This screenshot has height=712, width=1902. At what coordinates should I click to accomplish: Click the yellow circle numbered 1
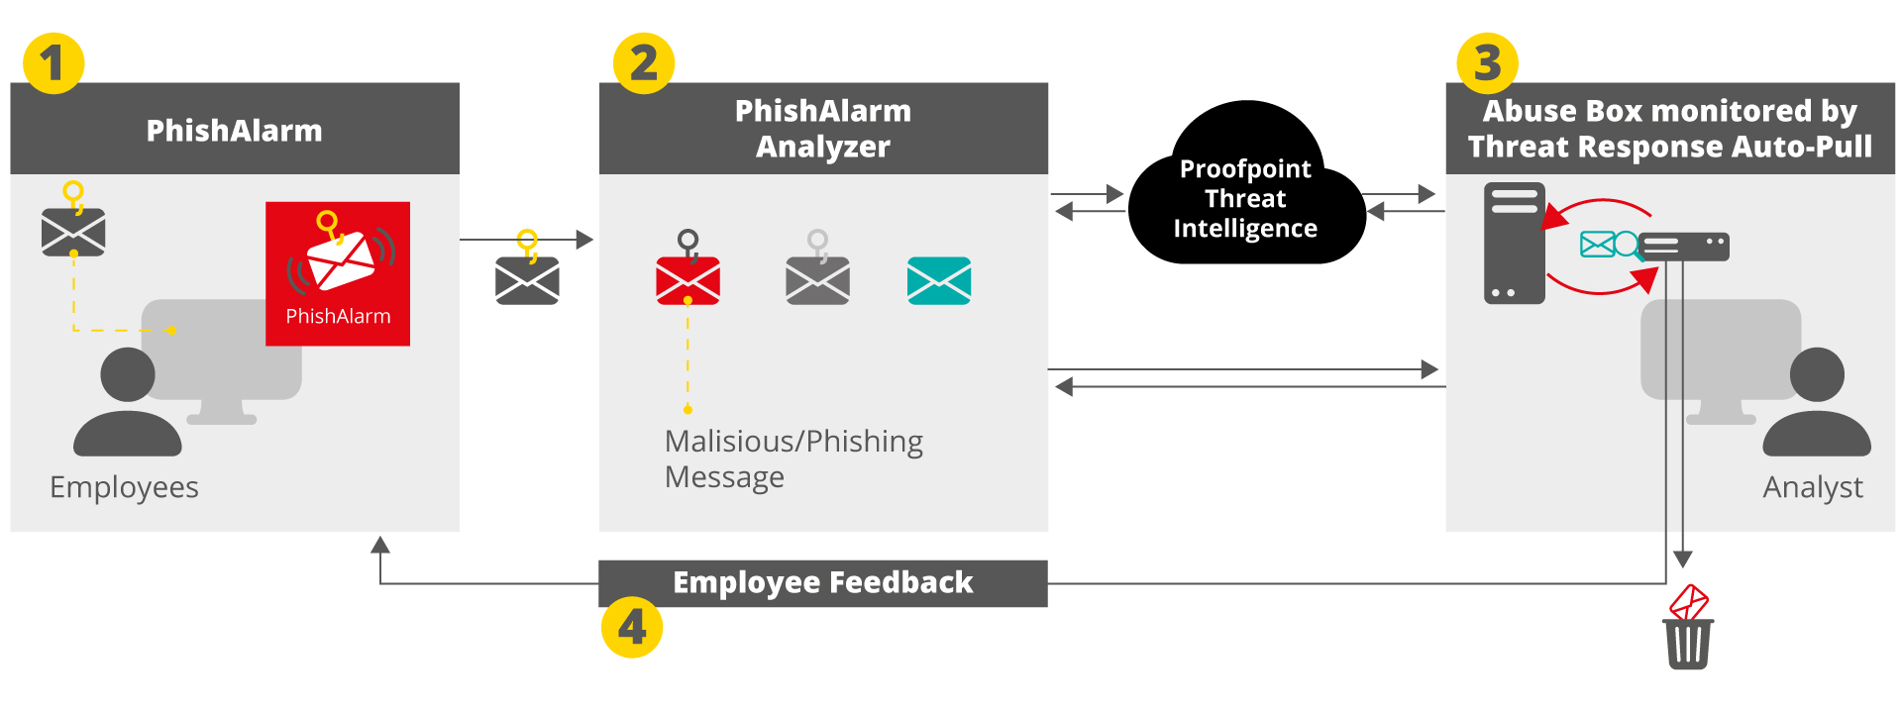pyautogui.click(x=53, y=63)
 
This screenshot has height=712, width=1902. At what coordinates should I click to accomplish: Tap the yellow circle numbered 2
pyautogui.click(x=643, y=63)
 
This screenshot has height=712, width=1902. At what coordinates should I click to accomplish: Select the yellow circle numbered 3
pyautogui.click(x=1487, y=63)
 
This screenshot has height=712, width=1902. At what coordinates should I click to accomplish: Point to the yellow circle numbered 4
pyautogui.click(x=631, y=627)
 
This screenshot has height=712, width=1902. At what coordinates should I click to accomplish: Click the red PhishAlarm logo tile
pyautogui.click(x=338, y=273)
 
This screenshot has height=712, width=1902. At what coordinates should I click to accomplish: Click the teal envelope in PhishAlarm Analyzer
pyautogui.click(x=939, y=280)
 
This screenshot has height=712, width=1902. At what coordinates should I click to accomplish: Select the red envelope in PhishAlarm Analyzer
pyautogui.click(x=687, y=280)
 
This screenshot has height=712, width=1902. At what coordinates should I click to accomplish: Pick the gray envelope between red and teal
pyautogui.click(x=817, y=280)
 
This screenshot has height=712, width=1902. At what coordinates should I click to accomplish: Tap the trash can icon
pyautogui.click(x=1688, y=643)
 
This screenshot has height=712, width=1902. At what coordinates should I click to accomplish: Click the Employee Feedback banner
pyautogui.click(x=822, y=583)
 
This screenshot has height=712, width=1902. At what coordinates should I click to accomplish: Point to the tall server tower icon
pyautogui.click(x=1514, y=243)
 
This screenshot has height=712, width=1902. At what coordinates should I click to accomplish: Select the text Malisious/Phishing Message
pyautogui.click(x=792, y=458)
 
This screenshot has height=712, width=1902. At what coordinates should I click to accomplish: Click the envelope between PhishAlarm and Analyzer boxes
pyautogui.click(x=527, y=280)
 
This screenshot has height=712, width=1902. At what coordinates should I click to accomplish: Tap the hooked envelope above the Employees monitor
pyautogui.click(x=73, y=232)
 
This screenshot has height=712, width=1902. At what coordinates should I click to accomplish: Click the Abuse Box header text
pyautogui.click(x=1669, y=129)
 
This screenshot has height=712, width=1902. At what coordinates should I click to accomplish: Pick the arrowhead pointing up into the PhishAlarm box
pyautogui.click(x=380, y=544)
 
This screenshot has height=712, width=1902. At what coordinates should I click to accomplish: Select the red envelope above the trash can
pyautogui.click(x=1689, y=601)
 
